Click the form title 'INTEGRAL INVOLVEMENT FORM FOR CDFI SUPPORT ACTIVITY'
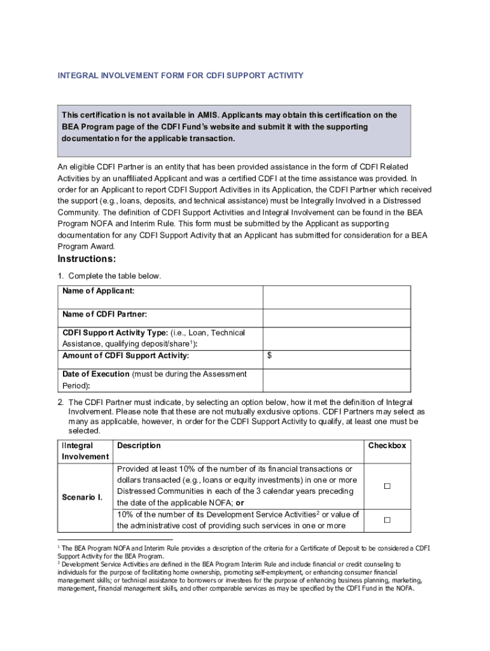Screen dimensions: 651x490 (181, 76)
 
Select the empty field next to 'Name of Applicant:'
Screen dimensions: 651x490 (337, 297)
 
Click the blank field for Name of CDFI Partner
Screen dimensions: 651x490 (337, 318)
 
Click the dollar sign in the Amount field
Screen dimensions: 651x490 (270, 356)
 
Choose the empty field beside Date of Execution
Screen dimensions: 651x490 (337, 380)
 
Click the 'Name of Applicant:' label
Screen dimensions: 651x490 (98, 291)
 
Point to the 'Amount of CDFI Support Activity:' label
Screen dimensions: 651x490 (125, 356)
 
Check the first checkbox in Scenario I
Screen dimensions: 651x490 (386, 486)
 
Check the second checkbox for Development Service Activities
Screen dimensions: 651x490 (386, 520)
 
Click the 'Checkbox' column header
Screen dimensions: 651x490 (386, 446)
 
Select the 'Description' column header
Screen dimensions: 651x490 (139, 446)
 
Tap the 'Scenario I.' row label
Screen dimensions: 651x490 (82, 497)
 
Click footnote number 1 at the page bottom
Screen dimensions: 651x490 (59, 547)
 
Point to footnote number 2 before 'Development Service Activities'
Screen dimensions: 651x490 (59, 563)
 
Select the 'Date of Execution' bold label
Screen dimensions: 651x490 (95, 374)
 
